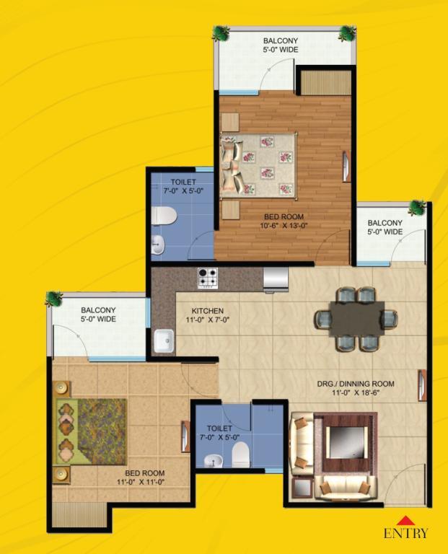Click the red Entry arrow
click(406, 520)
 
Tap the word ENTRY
click(406, 533)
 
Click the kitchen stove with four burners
click(208, 278)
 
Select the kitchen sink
click(164, 340)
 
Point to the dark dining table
click(356, 319)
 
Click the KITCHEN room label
click(207, 311)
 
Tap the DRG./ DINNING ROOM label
click(356, 383)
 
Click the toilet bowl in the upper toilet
click(164, 216)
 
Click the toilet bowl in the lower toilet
click(241, 454)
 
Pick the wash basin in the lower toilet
click(214, 461)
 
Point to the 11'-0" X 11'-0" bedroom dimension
click(141, 482)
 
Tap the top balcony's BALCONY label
click(281, 40)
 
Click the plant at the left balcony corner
click(53, 299)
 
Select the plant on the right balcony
click(417, 208)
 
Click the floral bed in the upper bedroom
click(258, 165)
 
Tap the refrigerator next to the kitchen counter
click(276, 280)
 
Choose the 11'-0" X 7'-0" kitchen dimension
click(208, 320)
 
